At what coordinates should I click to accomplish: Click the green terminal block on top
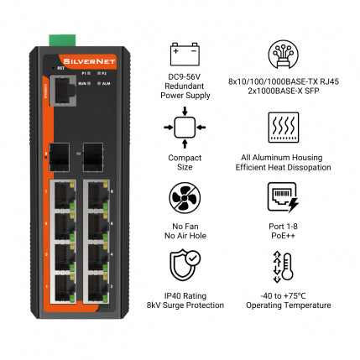[x=60, y=39]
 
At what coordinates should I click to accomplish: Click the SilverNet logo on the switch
[x=80, y=59]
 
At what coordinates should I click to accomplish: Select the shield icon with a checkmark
[x=185, y=269]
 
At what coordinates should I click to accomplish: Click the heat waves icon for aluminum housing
[x=283, y=127]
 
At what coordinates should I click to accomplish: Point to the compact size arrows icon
[x=185, y=127]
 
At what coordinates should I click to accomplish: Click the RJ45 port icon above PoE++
[x=283, y=198]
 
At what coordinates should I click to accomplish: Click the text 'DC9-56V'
[x=185, y=77]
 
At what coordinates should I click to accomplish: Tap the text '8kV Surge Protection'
[x=185, y=305]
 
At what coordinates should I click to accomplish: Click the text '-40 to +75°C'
[x=283, y=295]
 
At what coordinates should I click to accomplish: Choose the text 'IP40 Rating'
[x=185, y=295]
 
